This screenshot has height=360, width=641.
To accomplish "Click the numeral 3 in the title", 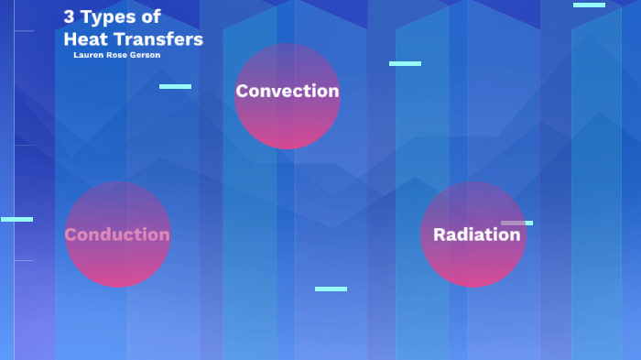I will [x=69, y=16].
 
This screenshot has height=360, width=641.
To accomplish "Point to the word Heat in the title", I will [x=84, y=39].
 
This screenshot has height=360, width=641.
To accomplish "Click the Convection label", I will [x=287, y=91].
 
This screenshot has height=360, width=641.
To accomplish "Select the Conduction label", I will [x=117, y=235].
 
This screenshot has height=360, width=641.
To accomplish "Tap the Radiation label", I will [x=476, y=235].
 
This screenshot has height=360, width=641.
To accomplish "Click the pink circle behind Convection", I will [x=288, y=124].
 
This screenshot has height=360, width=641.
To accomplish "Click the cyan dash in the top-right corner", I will [x=589, y=5].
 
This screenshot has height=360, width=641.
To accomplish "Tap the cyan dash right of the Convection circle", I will [x=405, y=63].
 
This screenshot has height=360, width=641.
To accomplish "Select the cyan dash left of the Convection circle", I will [x=175, y=86].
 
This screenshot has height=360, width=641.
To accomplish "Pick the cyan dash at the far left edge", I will [x=16, y=219].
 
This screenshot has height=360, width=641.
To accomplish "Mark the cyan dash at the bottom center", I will [x=331, y=289].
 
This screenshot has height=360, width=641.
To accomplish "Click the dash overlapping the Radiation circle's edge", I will [x=517, y=223].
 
